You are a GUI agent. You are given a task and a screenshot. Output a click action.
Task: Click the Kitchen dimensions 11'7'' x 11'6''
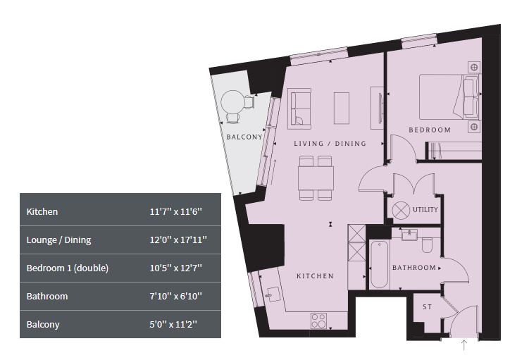point(176,212)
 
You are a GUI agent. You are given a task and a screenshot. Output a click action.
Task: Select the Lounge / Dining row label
point(58,240)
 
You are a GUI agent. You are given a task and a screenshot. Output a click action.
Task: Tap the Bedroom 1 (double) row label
point(68,268)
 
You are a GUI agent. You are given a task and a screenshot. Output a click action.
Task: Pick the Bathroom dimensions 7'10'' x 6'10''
point(176,296)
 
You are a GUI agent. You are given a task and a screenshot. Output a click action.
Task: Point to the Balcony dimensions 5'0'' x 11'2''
point(173,325)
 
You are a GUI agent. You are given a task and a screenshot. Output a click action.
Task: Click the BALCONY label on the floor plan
point(244,137)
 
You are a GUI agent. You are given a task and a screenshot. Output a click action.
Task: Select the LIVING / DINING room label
point(330,144)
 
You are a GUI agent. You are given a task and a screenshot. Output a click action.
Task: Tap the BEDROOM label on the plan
point(430,130)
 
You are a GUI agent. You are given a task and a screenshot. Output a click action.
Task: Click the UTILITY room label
point(425,209)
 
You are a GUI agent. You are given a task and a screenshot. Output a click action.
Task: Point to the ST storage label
point(427,307)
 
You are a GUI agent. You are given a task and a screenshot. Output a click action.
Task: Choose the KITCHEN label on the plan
point(315,276)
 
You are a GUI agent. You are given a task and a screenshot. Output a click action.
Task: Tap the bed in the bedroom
point(449,97)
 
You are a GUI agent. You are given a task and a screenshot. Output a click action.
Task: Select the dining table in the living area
point(316,178)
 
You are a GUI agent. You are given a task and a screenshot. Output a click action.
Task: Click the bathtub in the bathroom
point(379,264)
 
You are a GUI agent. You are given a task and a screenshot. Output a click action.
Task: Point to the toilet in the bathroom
point(427,245)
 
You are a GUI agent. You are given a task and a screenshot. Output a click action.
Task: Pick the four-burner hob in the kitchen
point(319,321)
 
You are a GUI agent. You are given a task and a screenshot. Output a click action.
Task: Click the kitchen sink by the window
point(273,294)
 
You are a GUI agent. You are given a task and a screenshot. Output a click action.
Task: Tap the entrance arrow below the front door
point(464,345)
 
